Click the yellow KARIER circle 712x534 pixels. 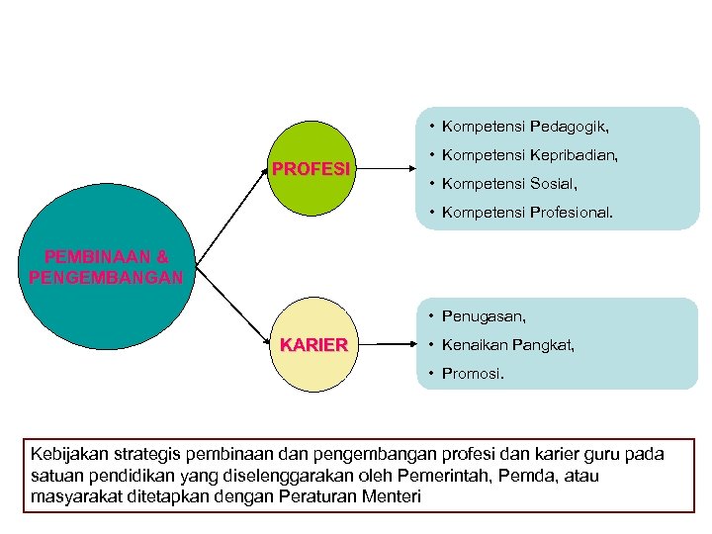point(312,344)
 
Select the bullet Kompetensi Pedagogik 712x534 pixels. point(525,128)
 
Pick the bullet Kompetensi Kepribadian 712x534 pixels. point(530,155)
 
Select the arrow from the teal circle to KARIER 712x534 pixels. point(233,303)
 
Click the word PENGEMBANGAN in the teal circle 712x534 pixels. point(106,277)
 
